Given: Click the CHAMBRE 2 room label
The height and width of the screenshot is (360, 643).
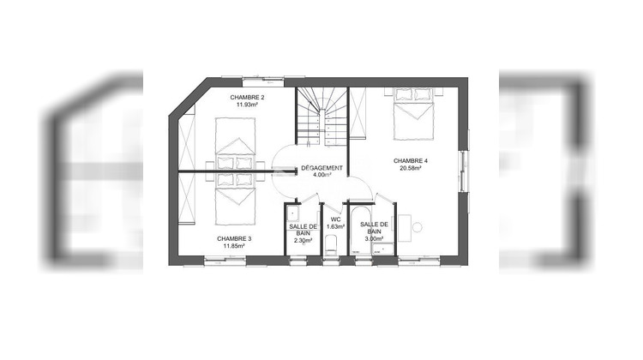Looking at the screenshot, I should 248,99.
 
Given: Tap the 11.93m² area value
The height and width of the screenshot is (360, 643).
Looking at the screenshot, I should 248,105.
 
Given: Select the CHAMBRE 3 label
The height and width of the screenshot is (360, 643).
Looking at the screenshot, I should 234,238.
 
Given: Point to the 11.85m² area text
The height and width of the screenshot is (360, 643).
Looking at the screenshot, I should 234,246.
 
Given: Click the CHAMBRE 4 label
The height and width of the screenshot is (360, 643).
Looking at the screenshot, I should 411,161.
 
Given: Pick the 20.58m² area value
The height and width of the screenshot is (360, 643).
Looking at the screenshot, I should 411,169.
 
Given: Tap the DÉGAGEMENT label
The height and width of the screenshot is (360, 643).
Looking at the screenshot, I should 322,168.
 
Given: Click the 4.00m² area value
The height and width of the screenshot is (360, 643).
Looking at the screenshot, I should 322,175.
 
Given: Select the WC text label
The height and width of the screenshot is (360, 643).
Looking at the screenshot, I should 335,219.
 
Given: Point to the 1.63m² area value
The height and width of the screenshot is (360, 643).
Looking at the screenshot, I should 335,227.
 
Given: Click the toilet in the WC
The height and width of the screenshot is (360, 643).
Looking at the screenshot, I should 333,247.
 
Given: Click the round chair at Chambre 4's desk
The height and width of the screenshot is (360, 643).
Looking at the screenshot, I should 417,227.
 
